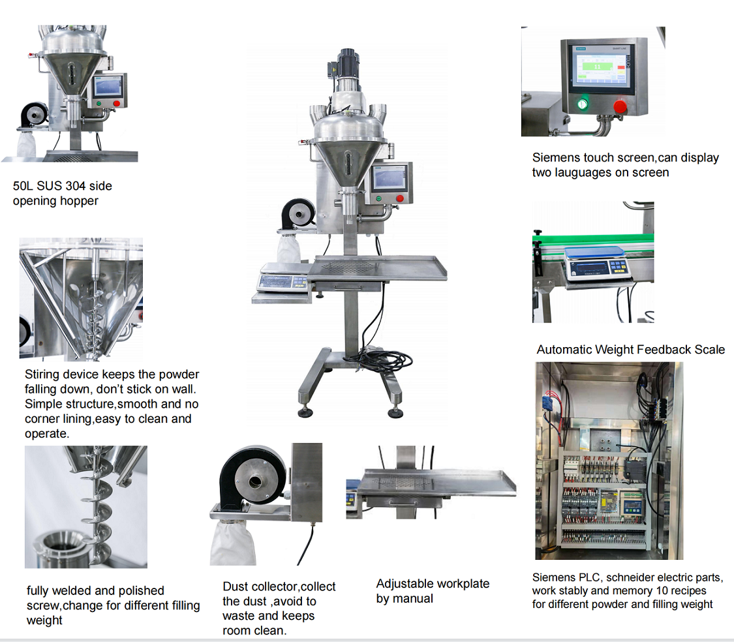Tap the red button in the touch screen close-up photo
click(620, 106)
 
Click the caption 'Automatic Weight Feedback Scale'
click(630, 350)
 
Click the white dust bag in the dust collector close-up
click(234, 542)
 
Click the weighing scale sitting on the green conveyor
click(597, 264)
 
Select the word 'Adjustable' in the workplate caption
click(405, 583)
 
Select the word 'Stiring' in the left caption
click(42, 374)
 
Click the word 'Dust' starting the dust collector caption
click(235, 586)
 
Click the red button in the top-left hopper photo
click(117, 103)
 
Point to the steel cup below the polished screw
click(61, 545)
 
